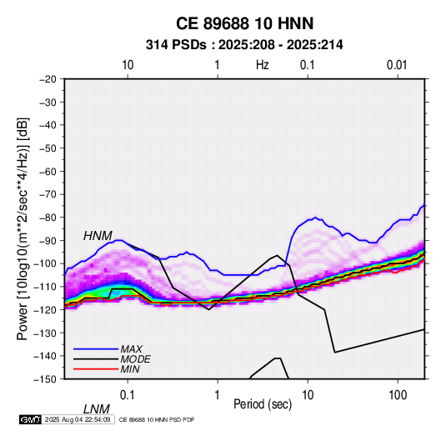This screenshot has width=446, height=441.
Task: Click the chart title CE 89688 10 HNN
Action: point(244,23)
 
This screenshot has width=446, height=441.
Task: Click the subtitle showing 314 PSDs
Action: point(244,45)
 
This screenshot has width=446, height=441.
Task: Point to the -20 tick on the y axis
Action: point(48,79)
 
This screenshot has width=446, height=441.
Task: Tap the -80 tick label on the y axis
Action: point(48,218)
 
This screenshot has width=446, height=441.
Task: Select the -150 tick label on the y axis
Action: point(46,379)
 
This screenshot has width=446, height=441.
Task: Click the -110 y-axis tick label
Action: point(46,287)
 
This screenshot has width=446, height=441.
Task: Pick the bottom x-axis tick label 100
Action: point(398,395)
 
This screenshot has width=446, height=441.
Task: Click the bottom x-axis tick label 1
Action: point(218,395)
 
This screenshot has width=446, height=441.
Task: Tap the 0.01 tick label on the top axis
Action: point(397,65)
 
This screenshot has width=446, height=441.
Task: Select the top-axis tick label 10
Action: point(128,65)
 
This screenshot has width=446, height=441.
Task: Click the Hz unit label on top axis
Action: point(263,65)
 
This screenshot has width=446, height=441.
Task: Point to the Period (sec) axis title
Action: point(263,404)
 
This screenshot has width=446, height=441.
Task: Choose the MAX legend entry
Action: point(131,349)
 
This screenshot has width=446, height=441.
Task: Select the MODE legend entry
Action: point(135,359)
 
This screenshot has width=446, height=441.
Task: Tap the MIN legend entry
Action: point(130,369)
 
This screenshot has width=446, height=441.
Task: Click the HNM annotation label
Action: point(98,236)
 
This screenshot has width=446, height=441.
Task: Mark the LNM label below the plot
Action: point(97,409)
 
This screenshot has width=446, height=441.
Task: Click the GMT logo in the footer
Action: point(30,419)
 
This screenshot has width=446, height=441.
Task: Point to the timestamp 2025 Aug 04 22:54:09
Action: point(78,419)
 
